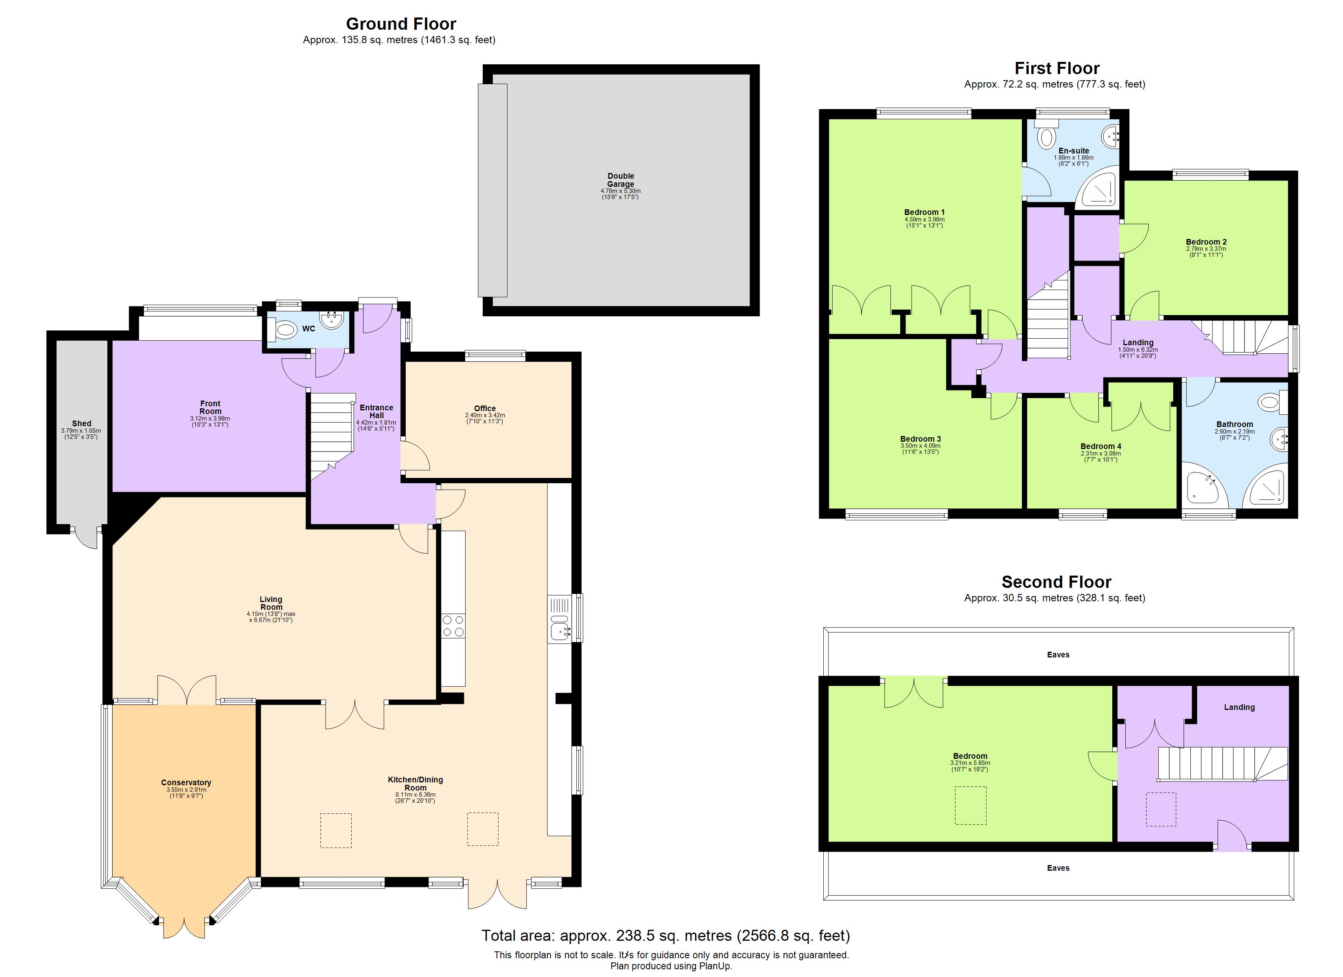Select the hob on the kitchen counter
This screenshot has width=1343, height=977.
coord(453,626)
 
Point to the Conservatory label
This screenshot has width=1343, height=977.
coord(186,783)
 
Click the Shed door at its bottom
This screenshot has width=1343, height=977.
coord(86,537)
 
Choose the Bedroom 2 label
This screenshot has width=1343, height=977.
coord(1205,242)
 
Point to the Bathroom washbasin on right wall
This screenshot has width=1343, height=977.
coord(1279,440)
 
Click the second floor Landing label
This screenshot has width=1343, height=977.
coord(1239,707)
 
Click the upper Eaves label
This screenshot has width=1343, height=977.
coord(1058,655)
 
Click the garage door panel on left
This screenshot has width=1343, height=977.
coord(492,190)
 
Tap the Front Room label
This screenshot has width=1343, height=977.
coord(210,407)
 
